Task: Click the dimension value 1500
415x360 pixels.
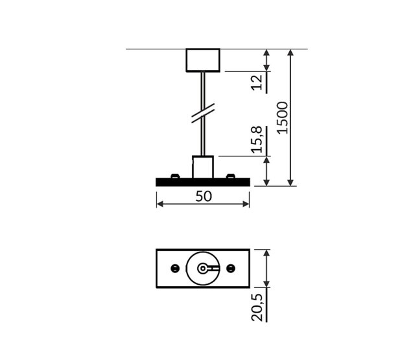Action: pyautogui.click(x=281, y=117)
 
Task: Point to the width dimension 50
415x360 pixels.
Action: pyautogui.click(x=203, y=197)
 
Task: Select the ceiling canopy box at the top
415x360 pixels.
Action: pyautogui.click(x=204, y=60)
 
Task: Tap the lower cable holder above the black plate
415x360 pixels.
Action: pyautogui.click(x=203, y=167)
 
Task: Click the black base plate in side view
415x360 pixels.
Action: pyautogui.click(x=203, y=183)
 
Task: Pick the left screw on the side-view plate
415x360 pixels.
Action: pyautogui.click(x=174, y=176)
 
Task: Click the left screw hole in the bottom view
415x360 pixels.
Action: pyautogui.click(x=174, y=268)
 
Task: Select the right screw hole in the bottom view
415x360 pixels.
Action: pyautogui.click(x=231, y=268)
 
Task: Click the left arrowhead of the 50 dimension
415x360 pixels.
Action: pyautogui.click(x=160, y=204)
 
